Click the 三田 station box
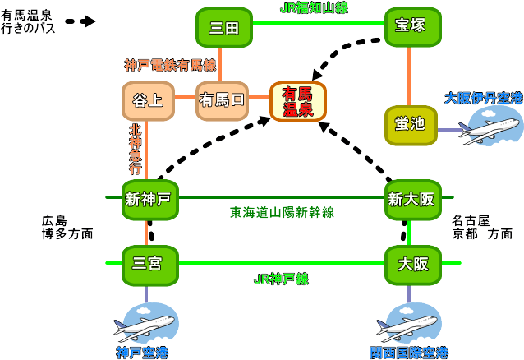223,27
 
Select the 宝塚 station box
408,26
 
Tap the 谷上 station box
146,101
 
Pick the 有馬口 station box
222,101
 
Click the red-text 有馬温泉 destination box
297,101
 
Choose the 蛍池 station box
409,125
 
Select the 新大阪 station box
408,200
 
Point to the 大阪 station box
408,265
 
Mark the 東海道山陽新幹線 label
282,212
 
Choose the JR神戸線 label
281,279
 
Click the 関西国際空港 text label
408,353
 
